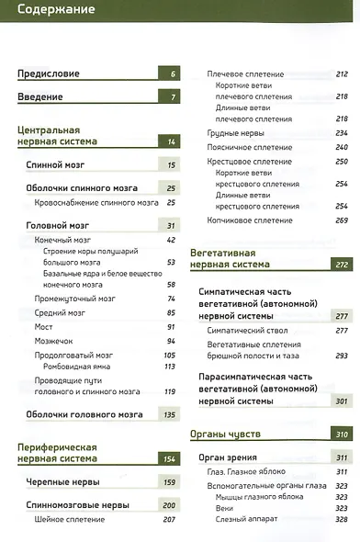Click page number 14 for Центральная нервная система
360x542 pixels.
coord(171,141)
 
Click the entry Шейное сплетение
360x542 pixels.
coord(71,520)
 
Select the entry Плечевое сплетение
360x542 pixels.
coord(245,73)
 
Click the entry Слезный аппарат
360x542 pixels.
coord(248,520)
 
